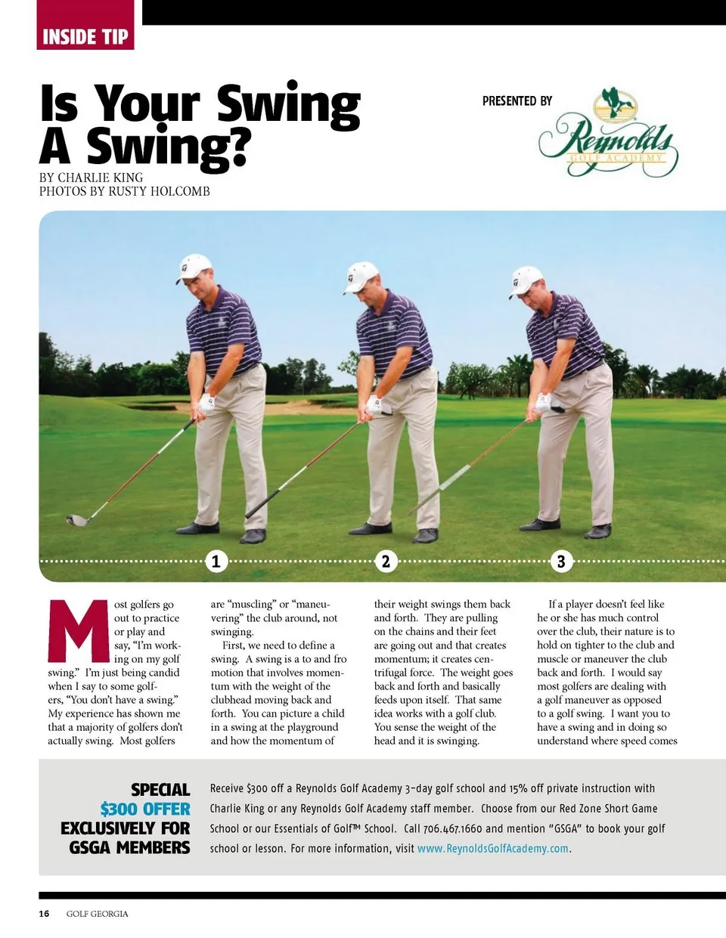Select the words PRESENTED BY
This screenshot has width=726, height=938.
pos(517,101)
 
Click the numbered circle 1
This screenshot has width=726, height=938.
pos(216,561)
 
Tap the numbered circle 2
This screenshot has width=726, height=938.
pos(386,561)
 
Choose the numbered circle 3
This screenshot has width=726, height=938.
pos(560,561)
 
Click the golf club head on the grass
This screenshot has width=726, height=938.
pos(78,520)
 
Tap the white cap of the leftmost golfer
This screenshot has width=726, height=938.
pos(194,267)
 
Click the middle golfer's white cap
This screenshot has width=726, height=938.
pos(361,275)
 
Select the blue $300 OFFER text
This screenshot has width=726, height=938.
pos(144,809)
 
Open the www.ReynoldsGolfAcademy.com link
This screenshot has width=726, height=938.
pos(493,849)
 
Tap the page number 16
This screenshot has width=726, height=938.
pos(44,914)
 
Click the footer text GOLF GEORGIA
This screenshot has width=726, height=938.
pos(97,914)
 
